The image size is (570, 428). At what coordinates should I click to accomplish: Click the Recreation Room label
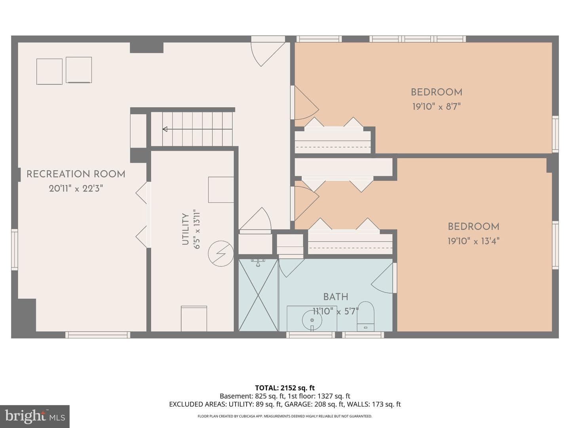click(x=76, y=174)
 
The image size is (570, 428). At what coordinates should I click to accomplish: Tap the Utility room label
click(x=185, y=229)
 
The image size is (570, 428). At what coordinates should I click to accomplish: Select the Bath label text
click(x=336, y=297)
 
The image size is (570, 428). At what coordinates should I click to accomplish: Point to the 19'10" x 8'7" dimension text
click(x=437, y=107)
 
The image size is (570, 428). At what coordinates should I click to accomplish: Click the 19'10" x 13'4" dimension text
click(x=473, y=241)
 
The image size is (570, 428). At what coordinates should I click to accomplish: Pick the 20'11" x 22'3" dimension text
click(x=76, y=188)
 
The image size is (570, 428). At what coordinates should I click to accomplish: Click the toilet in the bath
click(x=365, y=316)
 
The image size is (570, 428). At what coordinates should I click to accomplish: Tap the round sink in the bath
click(x=312, y=320)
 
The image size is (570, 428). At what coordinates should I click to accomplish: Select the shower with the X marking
click(x=258, y=295)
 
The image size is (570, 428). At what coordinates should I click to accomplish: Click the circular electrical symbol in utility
click(x=221, y=254)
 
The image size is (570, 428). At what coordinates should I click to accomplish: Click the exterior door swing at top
click(x=268, y=51)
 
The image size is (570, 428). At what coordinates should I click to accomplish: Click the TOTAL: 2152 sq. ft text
click(x=285, y=388)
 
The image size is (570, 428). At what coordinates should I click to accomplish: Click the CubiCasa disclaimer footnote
click(x=285, y=416)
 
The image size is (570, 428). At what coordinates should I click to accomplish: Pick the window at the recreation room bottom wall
click(x=98, y=335)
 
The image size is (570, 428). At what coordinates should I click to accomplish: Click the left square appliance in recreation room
click(x=49, y=71)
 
